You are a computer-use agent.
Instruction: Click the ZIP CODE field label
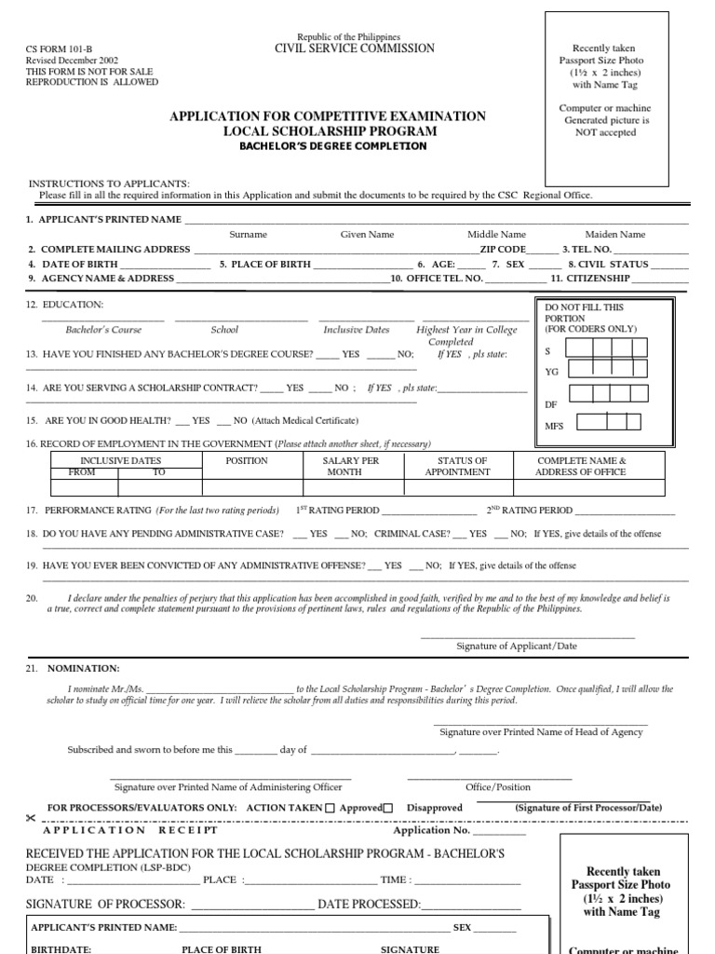point(503,250)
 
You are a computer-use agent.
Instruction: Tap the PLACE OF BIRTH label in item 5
point(264,264)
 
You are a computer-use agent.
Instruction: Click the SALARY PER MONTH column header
point(351,466)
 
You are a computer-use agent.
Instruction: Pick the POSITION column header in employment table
point(247,460)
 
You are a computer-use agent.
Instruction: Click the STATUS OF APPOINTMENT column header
point(457,466)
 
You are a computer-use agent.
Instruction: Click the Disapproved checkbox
point(388,809)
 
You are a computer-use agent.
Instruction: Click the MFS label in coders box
point(554,426)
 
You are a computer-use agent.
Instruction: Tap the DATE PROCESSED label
point(370,904)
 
